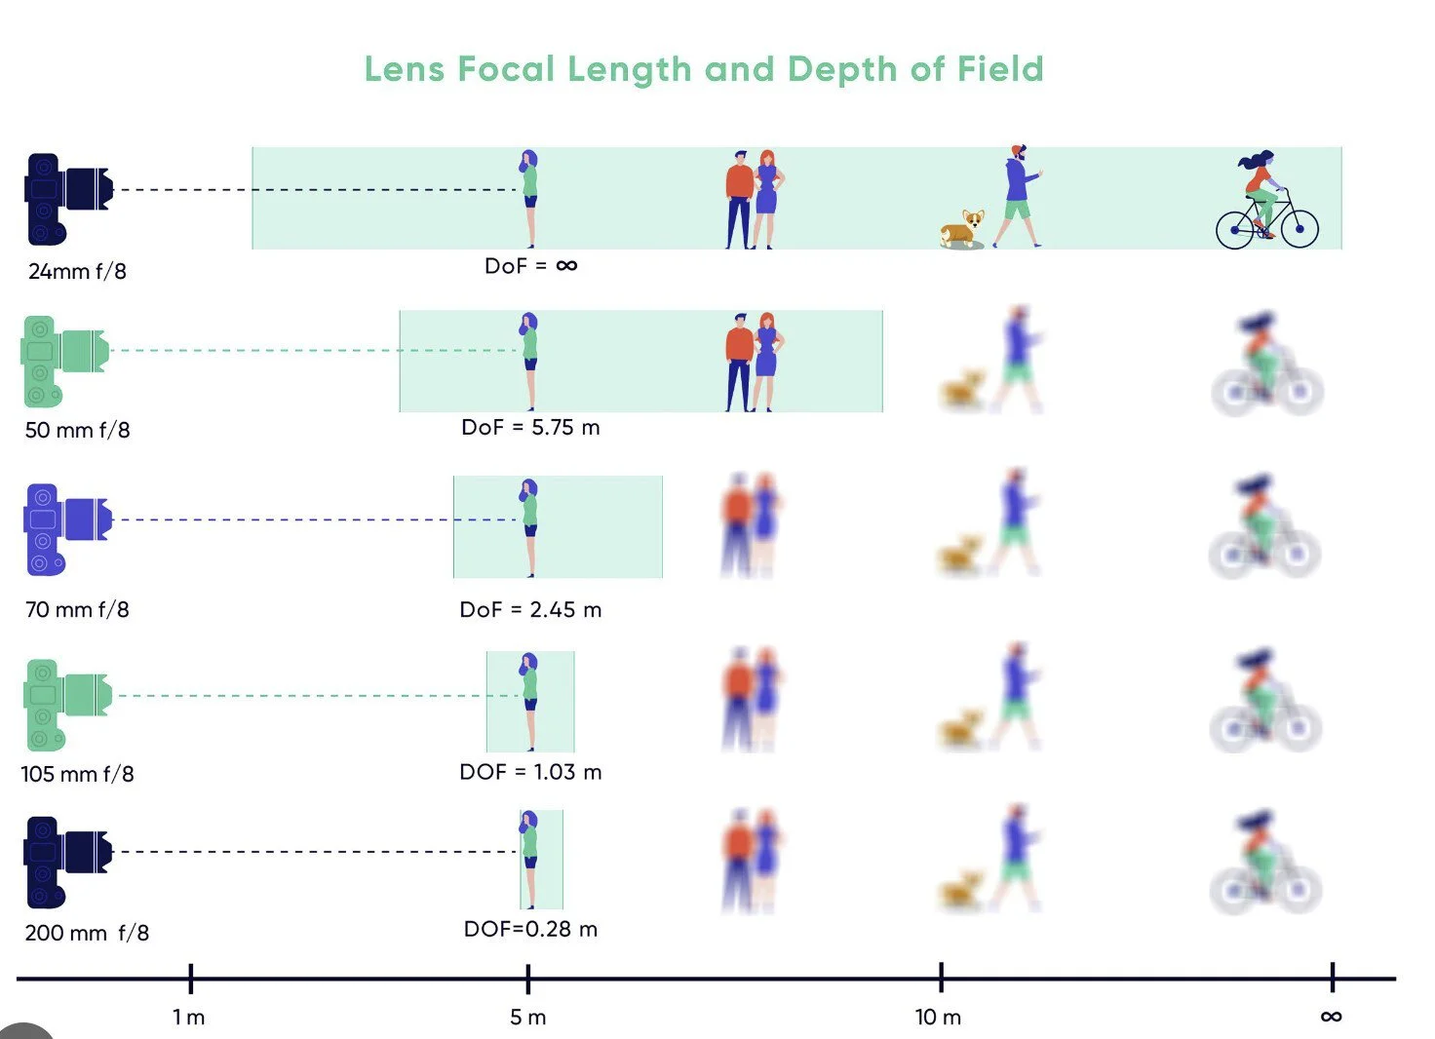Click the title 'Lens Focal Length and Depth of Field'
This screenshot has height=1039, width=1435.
coord(704,69)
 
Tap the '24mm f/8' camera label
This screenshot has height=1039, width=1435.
coord(77,272)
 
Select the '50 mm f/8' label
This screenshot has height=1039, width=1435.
coord(77,430)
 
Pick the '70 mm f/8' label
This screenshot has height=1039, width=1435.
coord(77,610)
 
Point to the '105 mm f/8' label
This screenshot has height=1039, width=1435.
coord(77,774)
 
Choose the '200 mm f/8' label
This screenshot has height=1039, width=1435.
coord(87,933)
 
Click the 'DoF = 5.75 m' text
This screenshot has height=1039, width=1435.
coord(530,428)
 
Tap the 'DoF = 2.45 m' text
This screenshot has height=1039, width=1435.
coord(530,610)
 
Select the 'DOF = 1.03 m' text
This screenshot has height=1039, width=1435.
coord(530,772)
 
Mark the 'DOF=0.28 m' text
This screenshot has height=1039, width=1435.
coord(530,929)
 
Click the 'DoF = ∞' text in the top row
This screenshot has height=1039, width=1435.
coord(530,265)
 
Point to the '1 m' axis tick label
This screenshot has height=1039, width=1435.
coord(188,1018)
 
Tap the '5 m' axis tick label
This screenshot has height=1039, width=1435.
coord(527,1018)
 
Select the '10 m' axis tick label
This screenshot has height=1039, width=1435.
coord(938,1018)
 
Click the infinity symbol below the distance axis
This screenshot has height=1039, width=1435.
coord(1331,1017)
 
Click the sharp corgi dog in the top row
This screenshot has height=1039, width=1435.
coord(962,229)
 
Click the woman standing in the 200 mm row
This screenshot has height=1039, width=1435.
coord(529,858)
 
